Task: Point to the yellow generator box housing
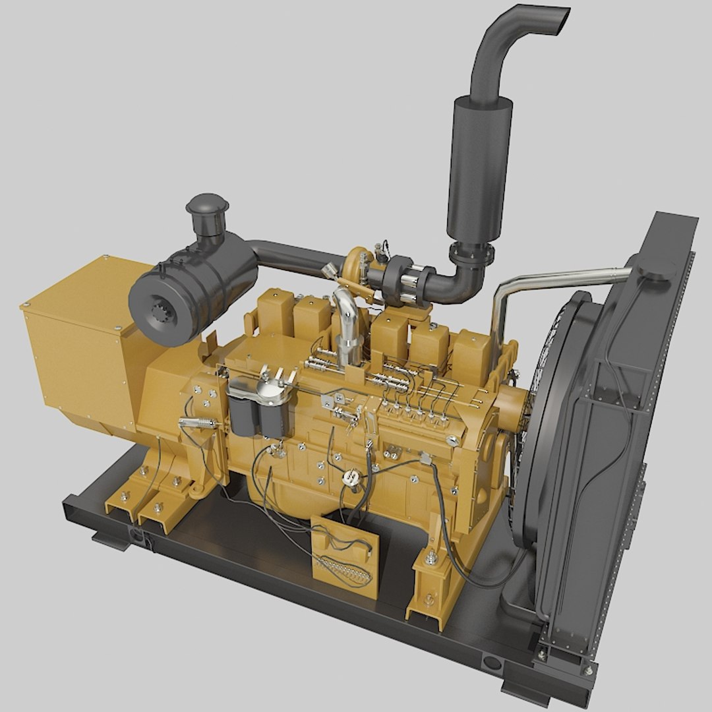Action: click(82, 336)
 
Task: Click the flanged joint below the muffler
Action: click(471, 253)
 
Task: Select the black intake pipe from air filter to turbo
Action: click(290, 258)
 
